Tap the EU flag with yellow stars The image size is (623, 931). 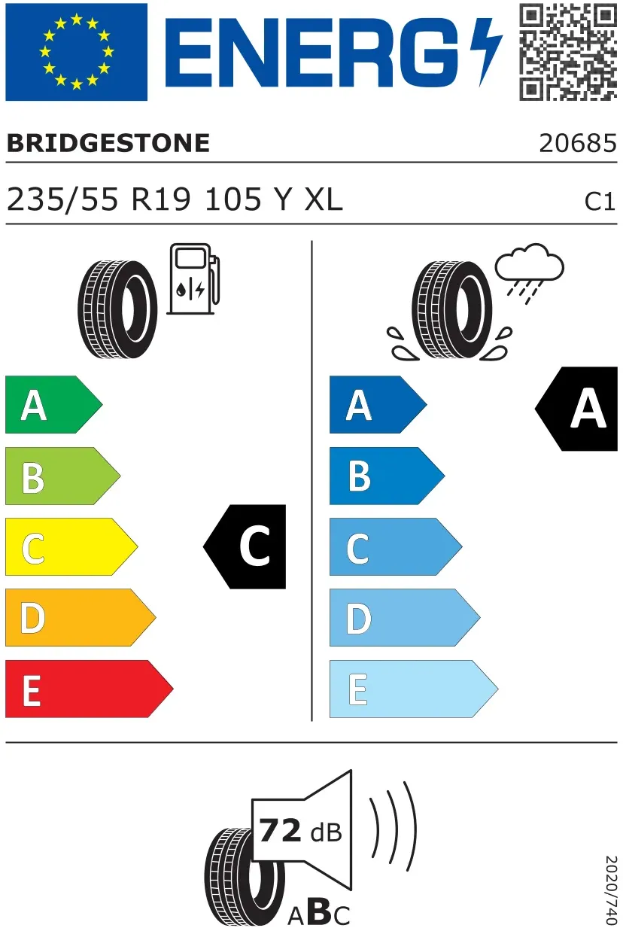pyautogui.click(x=77, y=51)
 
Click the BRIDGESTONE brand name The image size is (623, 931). pyautogui.click(x=108, y=143)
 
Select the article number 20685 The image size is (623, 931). pyautogui.click(x=578, y=143)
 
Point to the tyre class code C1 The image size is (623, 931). pyautogui.click(x=600, y=202)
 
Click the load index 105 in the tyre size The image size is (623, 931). pyautogui.click(x=233, y=199)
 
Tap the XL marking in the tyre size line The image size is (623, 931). pyautogui.click(x=324, y=199)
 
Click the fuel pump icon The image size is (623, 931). pyautogui.click(x=193, y=278)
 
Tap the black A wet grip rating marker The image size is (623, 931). pyautogui.click(x=577, y=409)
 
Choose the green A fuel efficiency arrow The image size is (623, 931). pyautogui.click(x=53, y=404)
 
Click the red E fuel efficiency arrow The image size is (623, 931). pyautogui.click(x=89, y=689)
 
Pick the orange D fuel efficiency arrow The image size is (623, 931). pyautogui.click(x=81, y=617)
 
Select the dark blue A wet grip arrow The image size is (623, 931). pyautogui.click(x=378, y=404)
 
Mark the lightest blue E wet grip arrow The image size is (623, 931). pyautogui.click(x=414, y=689)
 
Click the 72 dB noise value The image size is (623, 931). pyautogui.click(x=300, y=831)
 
